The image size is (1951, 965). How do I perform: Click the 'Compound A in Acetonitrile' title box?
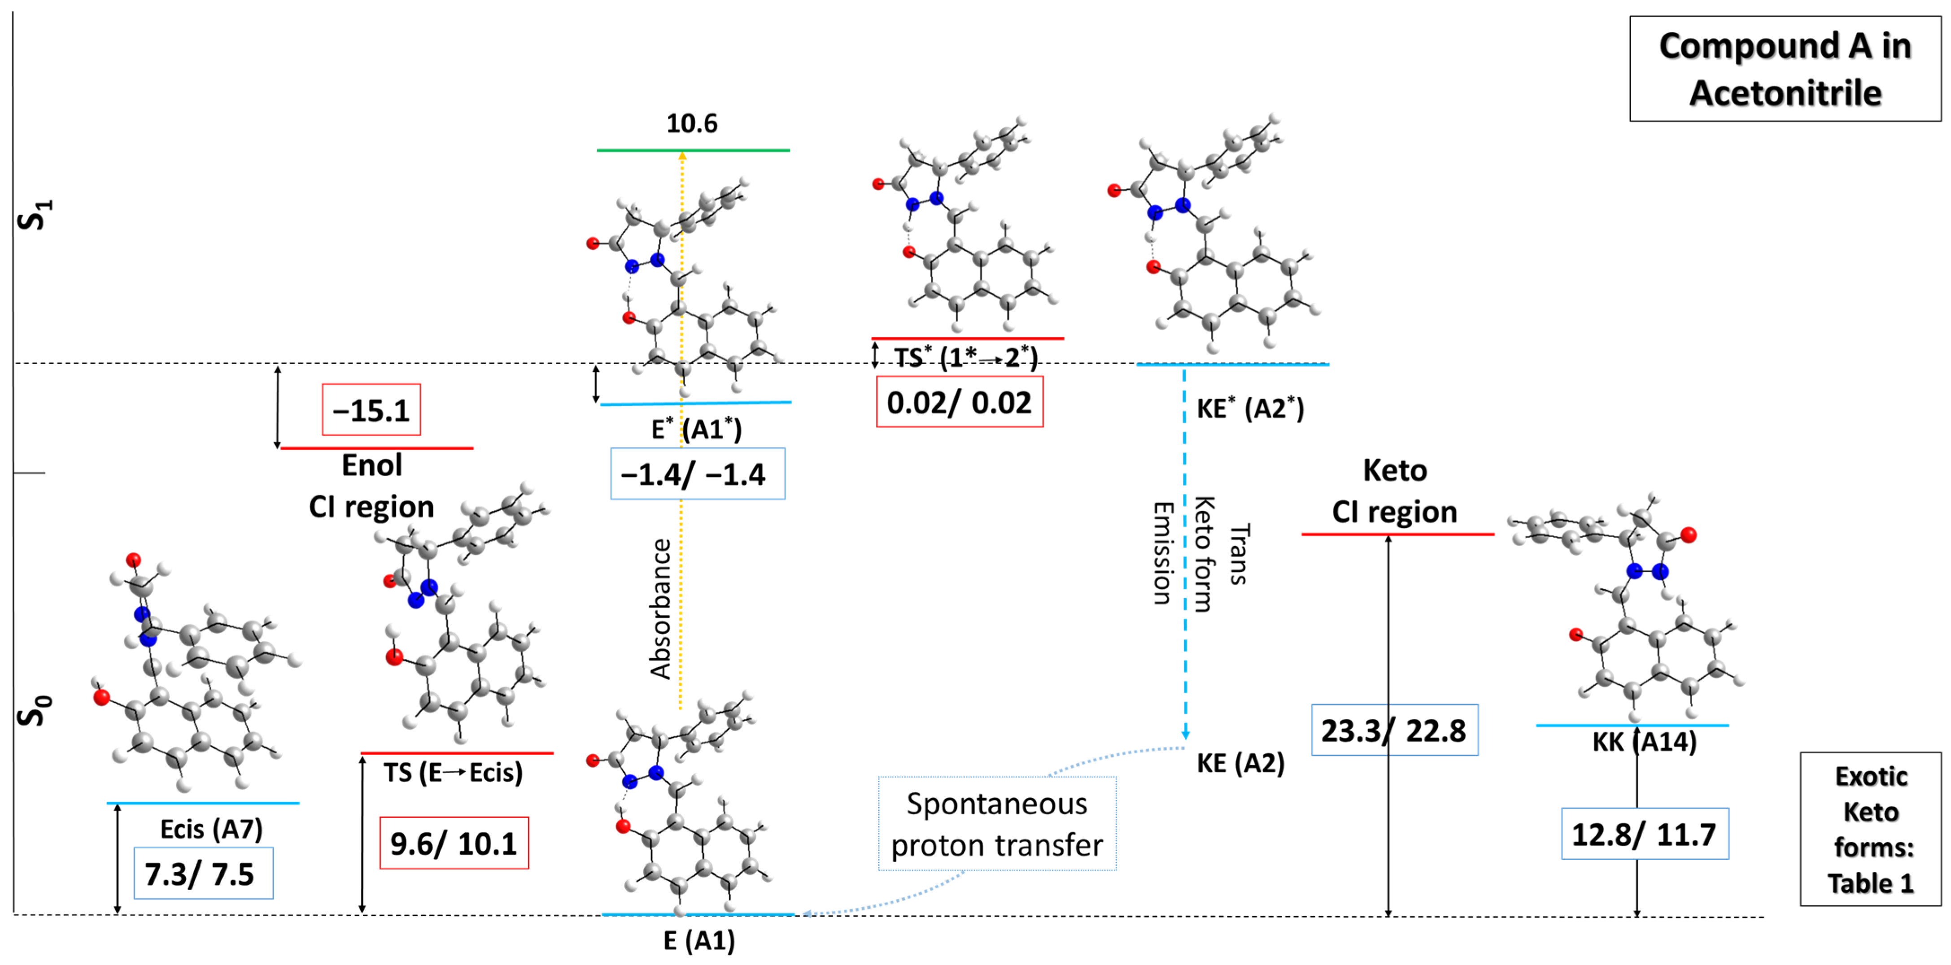1785,69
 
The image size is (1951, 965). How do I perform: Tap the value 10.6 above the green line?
691,123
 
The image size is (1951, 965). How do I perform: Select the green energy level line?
693,151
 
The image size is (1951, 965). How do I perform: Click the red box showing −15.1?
371,410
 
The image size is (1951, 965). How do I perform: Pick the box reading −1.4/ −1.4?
697,474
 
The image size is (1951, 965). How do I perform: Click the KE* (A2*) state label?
1250,409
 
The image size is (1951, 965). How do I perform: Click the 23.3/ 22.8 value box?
1394,730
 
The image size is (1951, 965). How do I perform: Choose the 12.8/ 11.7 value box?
1644,834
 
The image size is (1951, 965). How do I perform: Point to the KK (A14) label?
1644,742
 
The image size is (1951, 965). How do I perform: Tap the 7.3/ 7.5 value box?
203,874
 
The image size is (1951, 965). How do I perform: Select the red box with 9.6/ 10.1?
454,843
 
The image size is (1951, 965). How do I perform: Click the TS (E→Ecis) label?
452,773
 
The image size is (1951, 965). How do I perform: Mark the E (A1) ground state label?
699,941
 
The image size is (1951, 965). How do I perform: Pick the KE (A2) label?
1240,764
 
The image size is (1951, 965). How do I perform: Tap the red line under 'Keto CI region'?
1397,535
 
